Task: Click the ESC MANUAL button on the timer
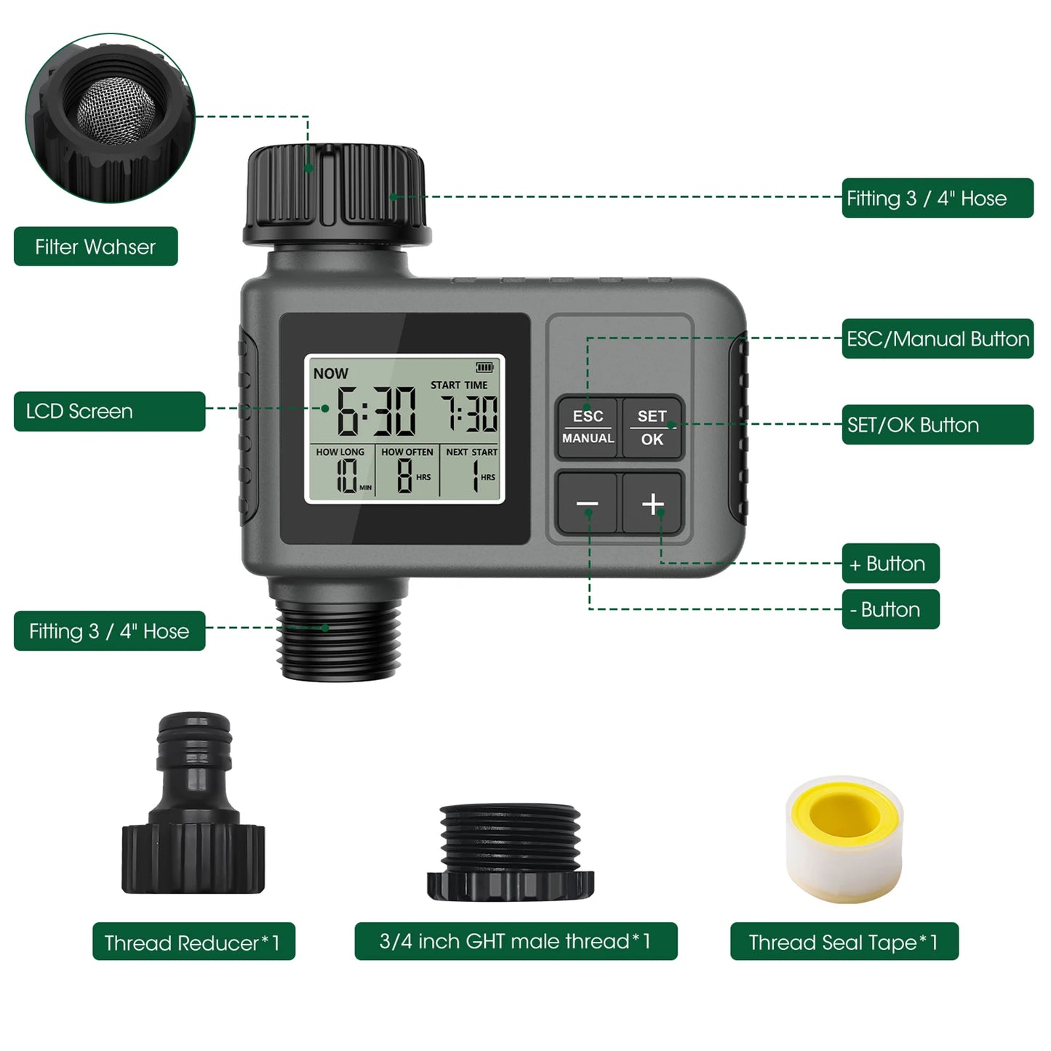tap(588, 427)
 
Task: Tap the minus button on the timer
tap(587, 503)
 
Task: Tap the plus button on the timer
tap(652, 503)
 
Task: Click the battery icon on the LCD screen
tap(484, 368)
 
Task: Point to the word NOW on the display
tap(330, 373)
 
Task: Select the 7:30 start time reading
tap(471, 414)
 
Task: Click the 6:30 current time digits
tap(375, 412)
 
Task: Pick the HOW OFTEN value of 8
tap(404, 476)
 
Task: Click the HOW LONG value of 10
tap(346, 476)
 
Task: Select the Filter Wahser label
tap(95, 247)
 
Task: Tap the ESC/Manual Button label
tap(938, 339)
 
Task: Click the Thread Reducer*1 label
tap(193, 942)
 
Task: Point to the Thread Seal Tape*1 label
tap(844, 942)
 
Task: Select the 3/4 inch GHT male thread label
tap(516, 942)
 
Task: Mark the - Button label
tap(890, 610)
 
